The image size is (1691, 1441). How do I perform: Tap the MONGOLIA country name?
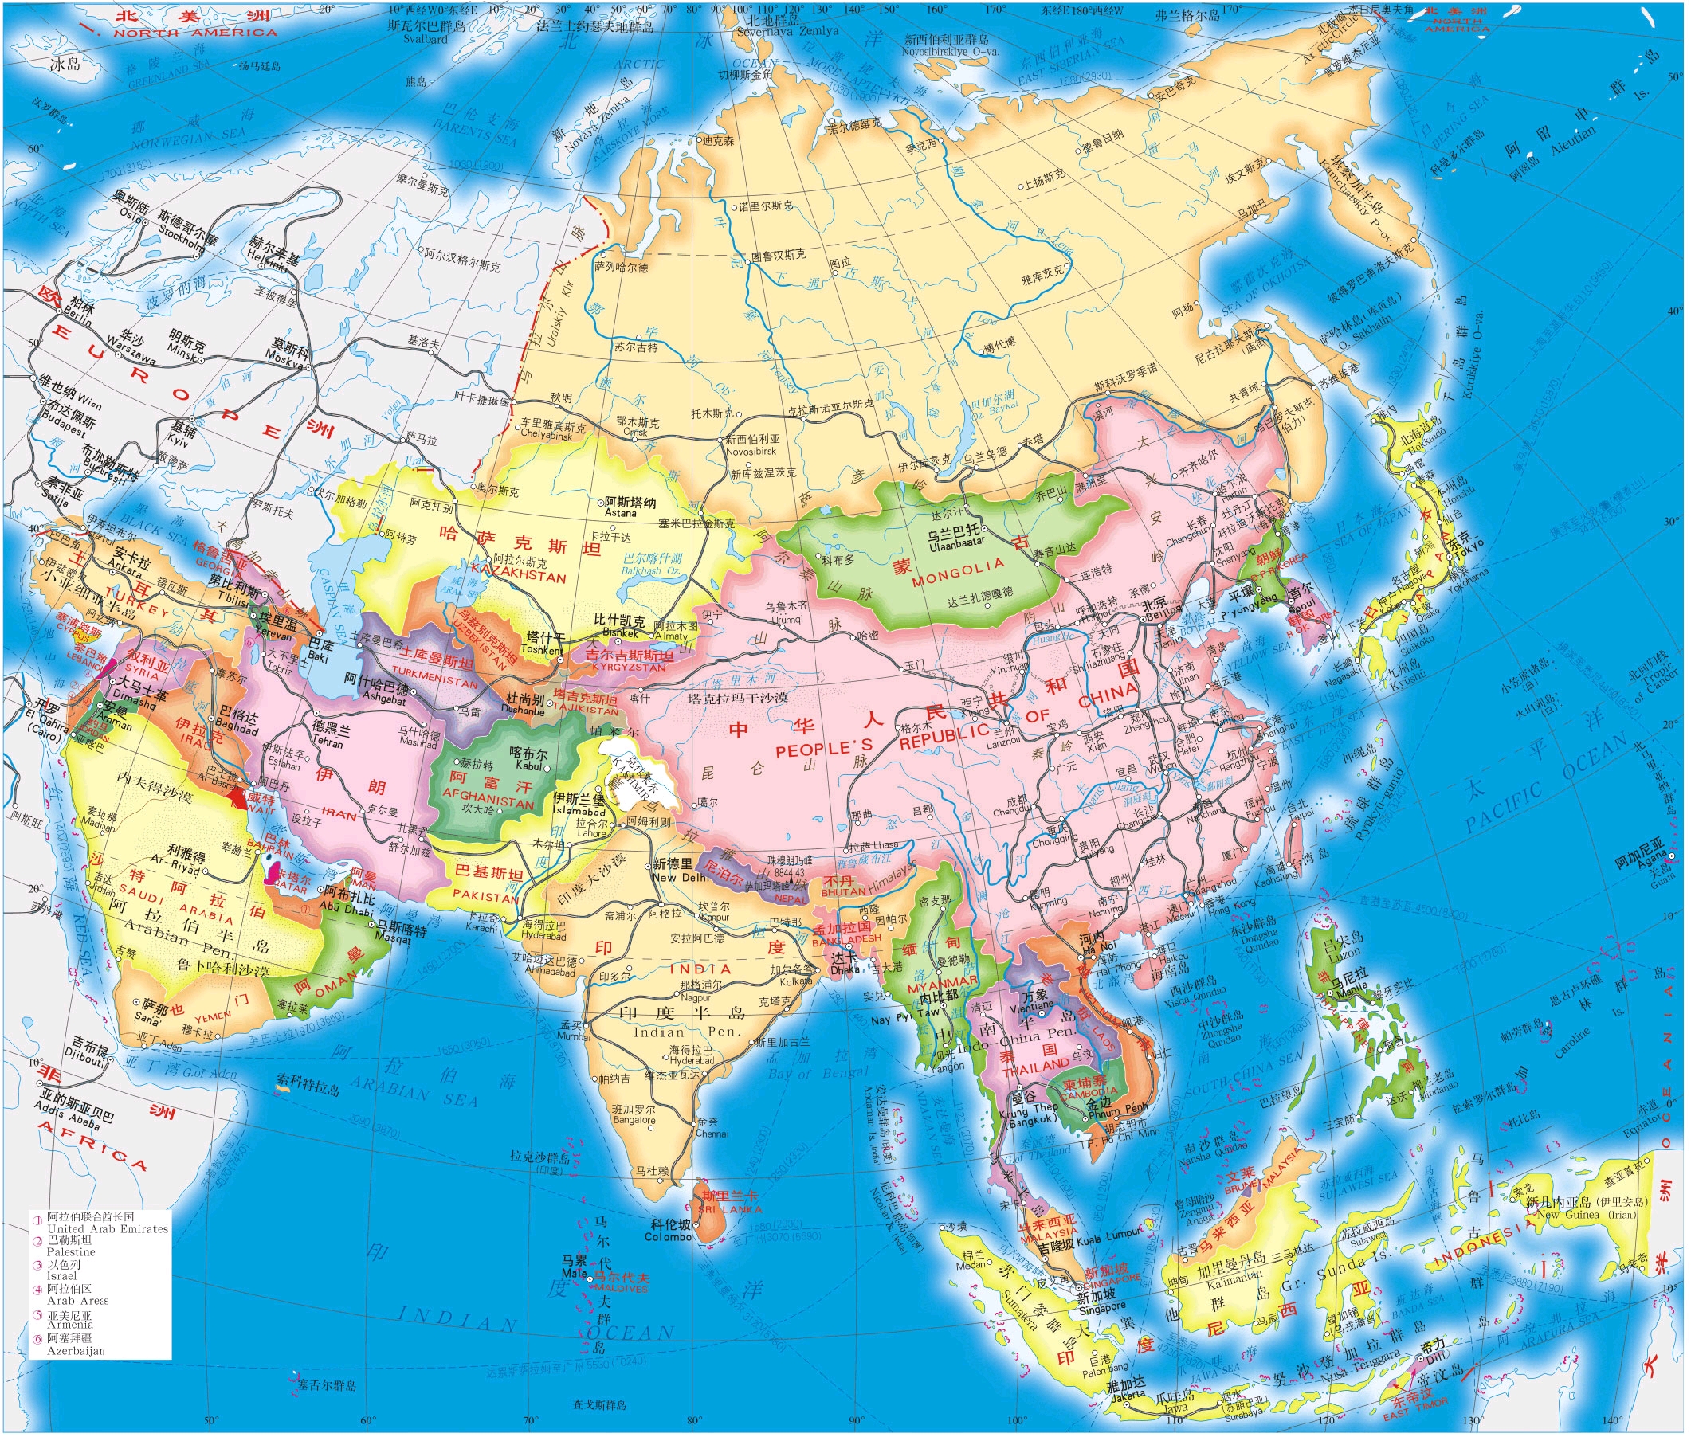coord(958,573)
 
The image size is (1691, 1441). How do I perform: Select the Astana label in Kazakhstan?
coord(620,513)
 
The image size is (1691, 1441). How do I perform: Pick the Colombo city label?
coord(668,1237)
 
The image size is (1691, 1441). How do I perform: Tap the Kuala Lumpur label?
coord(1111,1239)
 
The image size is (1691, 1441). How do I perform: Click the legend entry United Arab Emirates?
coord(107,1228)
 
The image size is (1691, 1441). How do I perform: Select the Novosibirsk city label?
coord(751,451)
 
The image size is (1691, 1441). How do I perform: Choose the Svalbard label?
coord(426,38)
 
